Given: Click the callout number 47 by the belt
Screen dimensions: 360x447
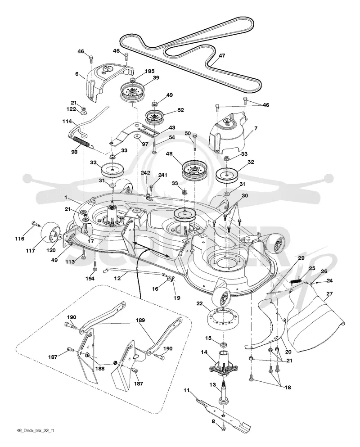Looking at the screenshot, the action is (x=222, y=55).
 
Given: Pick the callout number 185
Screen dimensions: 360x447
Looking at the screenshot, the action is (x=149, y=71).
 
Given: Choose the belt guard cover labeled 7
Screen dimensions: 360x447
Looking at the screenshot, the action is (x=227, y=133).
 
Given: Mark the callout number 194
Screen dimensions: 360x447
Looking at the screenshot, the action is (x=90, y=279).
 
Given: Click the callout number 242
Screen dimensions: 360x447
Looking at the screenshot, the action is (x=145, y=173).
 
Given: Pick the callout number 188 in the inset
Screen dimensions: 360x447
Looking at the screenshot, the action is (x=100, y=369).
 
